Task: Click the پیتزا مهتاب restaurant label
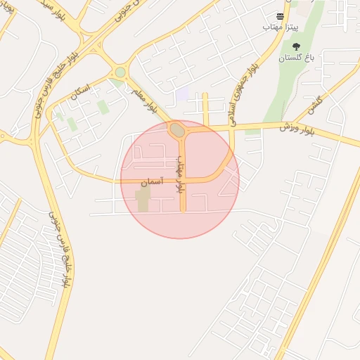point(281,26)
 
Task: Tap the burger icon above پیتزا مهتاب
point(281,15)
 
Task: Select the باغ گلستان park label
point(295,58)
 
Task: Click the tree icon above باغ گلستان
point(295,46)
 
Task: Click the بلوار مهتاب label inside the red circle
point(181,172)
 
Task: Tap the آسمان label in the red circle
point(151,181)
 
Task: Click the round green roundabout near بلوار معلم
point(120,72)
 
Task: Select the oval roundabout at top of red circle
point(177,130)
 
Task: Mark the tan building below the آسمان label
point(143,199)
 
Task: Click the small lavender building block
point(182,94)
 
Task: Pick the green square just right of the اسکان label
point(103,107)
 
